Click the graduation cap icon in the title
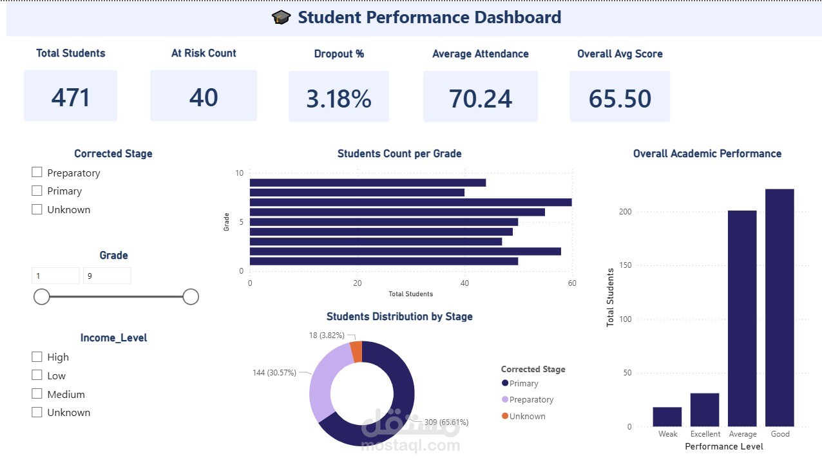click(281, 17)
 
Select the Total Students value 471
click(70, 98)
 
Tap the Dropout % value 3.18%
click(339, 99)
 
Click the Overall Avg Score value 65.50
click(620, 99)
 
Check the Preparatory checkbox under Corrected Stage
click(37, 172)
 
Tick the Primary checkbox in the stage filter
click(37, 191)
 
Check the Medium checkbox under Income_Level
click(37, 393)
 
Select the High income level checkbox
click(37, 357)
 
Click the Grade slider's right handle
click(191, 297)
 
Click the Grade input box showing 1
click(55, 276)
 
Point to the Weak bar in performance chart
click(667, 417)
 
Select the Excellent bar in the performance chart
click(705, 410)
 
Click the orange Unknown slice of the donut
click(356, 352)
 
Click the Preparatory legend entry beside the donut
click(528, 399)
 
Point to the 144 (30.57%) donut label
click(274, 373)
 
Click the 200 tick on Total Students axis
click(626, 212)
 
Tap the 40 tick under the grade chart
click(464, 283)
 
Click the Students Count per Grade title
click(399, 153)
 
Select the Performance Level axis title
click(724, 446)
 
